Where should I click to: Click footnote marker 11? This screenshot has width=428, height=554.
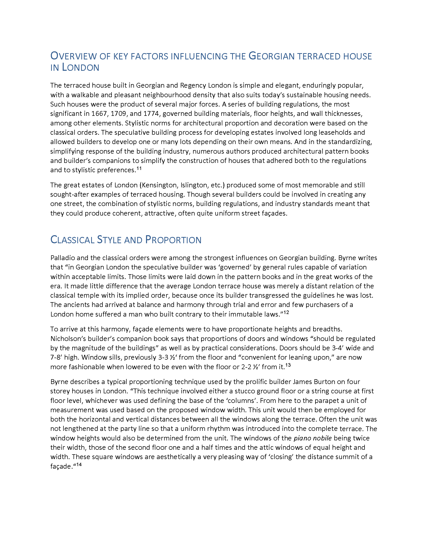139,168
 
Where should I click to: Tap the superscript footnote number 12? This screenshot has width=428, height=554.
286,313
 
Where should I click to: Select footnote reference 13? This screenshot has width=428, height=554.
288,365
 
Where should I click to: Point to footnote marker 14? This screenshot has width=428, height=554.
79,464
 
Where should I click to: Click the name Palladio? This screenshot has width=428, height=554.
63,258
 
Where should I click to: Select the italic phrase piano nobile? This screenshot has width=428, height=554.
313,438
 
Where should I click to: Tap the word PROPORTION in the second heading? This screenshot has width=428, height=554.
173,240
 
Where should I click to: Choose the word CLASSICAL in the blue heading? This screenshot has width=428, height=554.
72,240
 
